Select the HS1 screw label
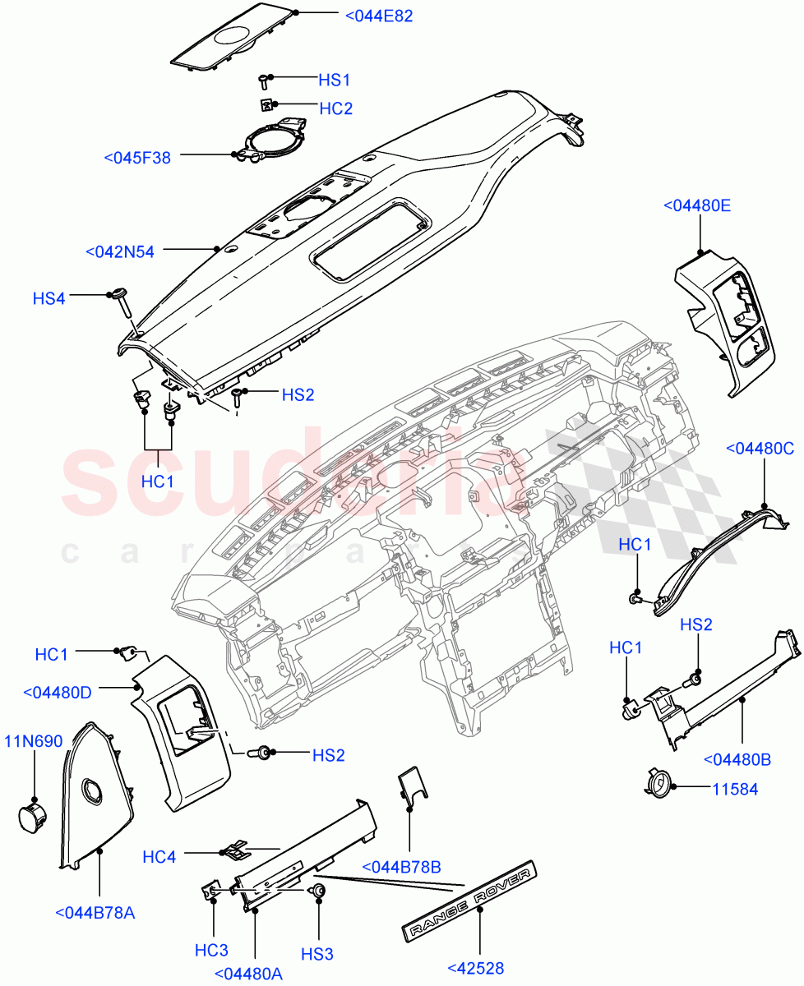(x=334, y=80)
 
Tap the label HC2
(x=335, y=108)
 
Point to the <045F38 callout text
(x=137, y=158)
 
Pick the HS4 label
(x=49, y=299)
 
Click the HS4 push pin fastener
(x=121, y=301)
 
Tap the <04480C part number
(x=760, y=448)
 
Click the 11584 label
(x=735, y=790)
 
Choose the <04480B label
(x=737, y=760)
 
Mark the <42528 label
(x=476, y=968)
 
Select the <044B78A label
(x=95, y=912)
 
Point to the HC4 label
(x=159, y=857)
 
